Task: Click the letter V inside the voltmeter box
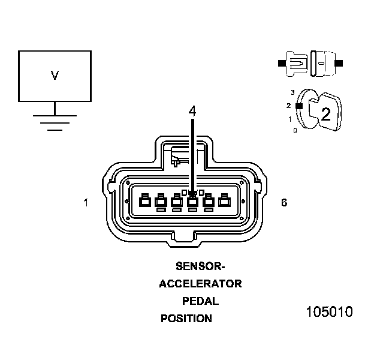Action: (55, 76)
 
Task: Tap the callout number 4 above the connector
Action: (192, 111)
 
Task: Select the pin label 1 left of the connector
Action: (86, 203)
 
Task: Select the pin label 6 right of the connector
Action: (283, 203)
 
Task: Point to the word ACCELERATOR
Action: (200, 284)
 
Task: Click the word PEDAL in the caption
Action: (200, 301)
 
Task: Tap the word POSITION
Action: (186, 319)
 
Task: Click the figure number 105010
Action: (329, 313)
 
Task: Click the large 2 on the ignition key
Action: (325, 115)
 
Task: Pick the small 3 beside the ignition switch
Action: (292, 92)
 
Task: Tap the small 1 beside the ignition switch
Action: (290, 119)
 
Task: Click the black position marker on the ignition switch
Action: (299, 106)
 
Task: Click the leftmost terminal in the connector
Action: (144, 202)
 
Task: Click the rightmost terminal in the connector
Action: (224, 202)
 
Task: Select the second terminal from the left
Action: (161, 202)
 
